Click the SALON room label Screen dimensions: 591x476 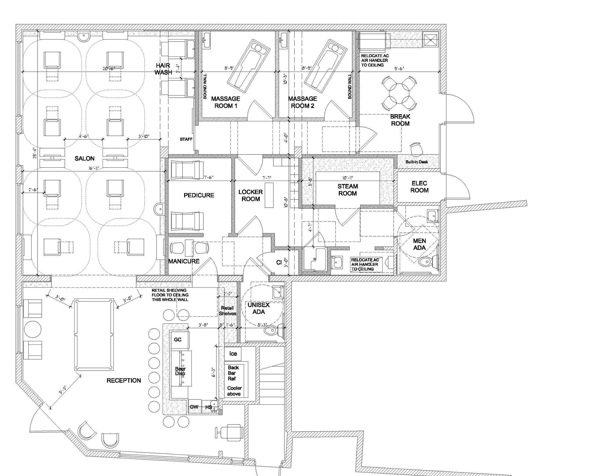tap(84, 158)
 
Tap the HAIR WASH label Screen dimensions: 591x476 tap(163, 69)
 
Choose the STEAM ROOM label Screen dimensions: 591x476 tap(347, 190)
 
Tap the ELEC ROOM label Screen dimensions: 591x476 tap(419, 187)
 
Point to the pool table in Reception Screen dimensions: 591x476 tap(94, 335)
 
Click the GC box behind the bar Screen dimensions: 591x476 tap(178, 340)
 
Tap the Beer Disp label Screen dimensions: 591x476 tap(180, 371)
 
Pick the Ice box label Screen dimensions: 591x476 tap(233, 354)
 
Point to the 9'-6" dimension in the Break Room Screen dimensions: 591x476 tap(399, 69)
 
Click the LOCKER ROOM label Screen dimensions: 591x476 tap(251, 195)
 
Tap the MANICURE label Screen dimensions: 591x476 tap(184, 261)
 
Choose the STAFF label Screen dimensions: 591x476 tap(186, 139)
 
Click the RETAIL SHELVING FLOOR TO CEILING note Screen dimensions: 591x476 tap(170, 295)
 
